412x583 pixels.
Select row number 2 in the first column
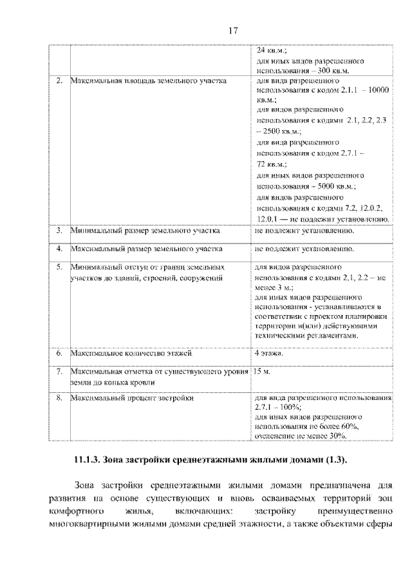pos(59,82)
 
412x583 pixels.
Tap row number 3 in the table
pos(59,230)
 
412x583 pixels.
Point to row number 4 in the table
pos(59,248)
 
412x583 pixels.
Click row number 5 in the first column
pos(59,266)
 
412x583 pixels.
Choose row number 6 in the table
pos(59,354)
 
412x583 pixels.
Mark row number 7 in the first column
pos(59,372)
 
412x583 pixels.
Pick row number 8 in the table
pos(59,398)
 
